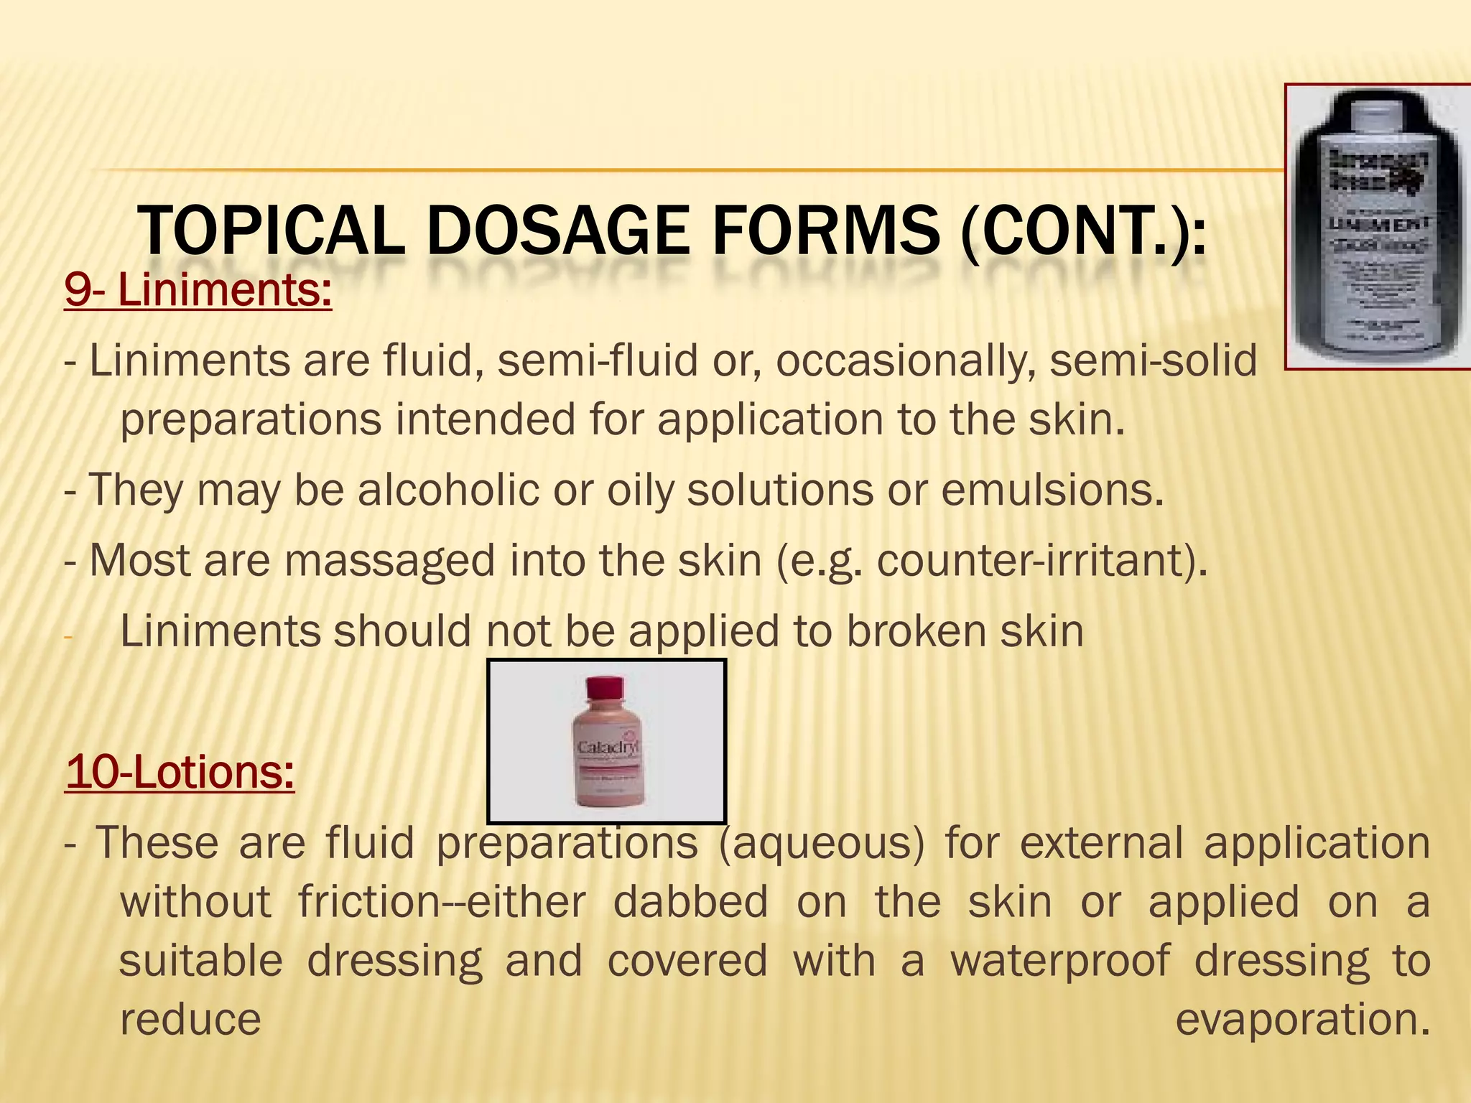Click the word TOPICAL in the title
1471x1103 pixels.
[271, 231]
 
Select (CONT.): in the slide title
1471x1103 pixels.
[1083, 231]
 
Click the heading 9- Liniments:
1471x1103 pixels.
[198, 290]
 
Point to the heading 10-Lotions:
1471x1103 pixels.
[180, 772]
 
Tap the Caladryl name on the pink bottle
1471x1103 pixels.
[608, 748]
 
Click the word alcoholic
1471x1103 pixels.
[448, 490]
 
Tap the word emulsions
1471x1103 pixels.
[1052, 490]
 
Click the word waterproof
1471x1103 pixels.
[1060, 961]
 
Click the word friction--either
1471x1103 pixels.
[442, 902]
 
